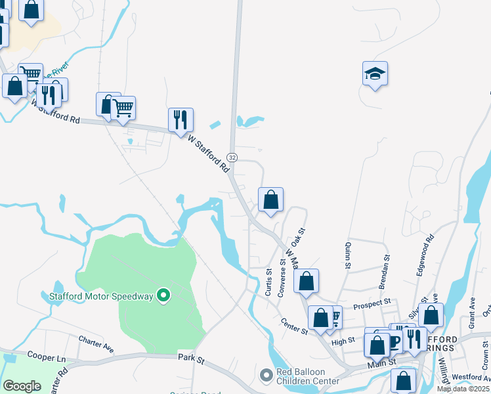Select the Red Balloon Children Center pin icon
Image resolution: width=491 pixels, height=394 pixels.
click(266, 375)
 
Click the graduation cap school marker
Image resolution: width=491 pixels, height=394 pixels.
click(375, 74)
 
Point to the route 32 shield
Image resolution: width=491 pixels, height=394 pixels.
click(232, 157)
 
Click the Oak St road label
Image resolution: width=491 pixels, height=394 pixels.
click(303, 240)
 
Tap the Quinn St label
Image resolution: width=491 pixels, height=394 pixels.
click(347, 256)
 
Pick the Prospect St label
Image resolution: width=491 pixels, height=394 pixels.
click(372, 303)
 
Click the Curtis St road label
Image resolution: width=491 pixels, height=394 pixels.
click(268, 282)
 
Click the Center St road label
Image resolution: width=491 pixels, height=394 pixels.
click(294, 326)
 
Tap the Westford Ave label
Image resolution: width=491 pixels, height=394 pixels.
click(471, 378)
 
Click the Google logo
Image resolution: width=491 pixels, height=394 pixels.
click(22, 385)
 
